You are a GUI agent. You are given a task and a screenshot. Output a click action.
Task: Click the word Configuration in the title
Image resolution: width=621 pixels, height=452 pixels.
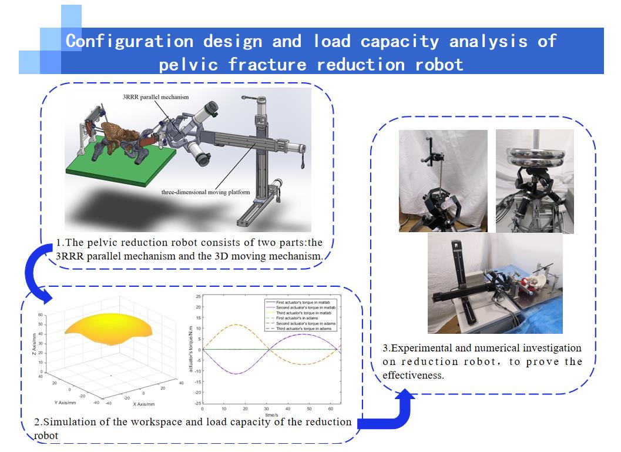click(x=129, y=41)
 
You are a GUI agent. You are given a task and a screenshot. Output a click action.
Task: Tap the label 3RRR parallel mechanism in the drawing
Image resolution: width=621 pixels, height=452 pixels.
click(x=156, y=97)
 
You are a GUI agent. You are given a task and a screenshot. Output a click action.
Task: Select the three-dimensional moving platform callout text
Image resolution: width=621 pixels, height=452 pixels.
click(x=206, y=192)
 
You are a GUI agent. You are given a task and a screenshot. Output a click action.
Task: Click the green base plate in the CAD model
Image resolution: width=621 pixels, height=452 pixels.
click(x=118, y=168)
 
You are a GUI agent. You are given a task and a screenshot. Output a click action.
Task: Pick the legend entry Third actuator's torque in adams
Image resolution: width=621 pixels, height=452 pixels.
click(x=304, y=329)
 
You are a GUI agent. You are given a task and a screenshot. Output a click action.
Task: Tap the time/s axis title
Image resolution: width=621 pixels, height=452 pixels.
click(x=270, y=414)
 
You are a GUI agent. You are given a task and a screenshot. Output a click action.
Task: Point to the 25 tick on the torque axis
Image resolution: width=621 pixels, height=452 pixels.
click(x=198, y=296)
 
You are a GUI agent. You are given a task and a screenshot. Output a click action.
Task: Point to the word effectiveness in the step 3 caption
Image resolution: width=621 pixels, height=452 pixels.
click(x=412, y=374)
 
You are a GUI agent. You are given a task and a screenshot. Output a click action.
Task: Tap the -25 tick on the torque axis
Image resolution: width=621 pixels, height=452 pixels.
click(x=198, y=403)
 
